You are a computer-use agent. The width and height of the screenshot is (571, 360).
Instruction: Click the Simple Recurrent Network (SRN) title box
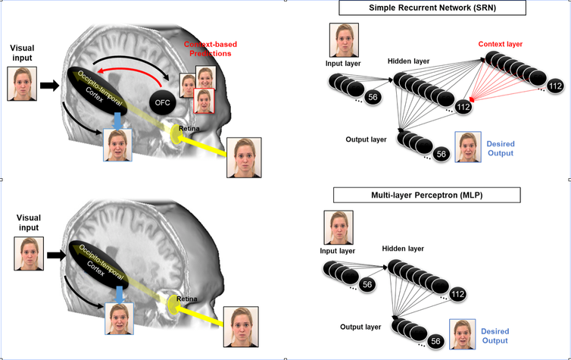coord(432,8)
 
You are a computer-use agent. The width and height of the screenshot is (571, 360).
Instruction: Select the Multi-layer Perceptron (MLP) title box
coord(427,195)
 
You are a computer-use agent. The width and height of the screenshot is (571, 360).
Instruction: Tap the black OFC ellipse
coord(162,103)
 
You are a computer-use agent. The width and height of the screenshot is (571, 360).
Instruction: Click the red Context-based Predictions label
coord(210,49)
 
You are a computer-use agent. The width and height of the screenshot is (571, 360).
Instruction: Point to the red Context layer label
coord(501,44)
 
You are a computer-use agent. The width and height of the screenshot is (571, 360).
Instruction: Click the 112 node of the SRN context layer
coord(555,86)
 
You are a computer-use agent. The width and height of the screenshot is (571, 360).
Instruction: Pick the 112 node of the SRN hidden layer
coord(463,107)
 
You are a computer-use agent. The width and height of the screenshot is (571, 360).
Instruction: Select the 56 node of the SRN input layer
coord(373,97)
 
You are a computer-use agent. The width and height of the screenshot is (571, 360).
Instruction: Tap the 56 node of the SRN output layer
coord(442,154)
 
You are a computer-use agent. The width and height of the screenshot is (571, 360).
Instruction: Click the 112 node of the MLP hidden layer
coord(457,294)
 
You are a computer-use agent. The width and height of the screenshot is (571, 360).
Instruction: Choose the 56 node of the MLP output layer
coord(435,341)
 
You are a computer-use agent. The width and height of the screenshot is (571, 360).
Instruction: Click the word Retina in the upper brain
coord(189,128)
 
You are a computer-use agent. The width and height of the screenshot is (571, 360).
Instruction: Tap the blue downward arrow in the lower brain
coord(120,294)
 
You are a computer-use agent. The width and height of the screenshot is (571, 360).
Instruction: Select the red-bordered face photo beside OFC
coord(204,101)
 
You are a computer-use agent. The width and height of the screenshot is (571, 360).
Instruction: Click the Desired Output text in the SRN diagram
coord(501,149)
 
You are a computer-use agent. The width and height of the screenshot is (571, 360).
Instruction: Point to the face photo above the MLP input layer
coord(339,227)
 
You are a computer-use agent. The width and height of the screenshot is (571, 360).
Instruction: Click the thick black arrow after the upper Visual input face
coord(49,86)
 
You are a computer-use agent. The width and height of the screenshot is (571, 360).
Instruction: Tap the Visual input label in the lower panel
coord(29,223)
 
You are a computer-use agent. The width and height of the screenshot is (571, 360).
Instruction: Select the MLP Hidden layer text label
coord(403,249)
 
